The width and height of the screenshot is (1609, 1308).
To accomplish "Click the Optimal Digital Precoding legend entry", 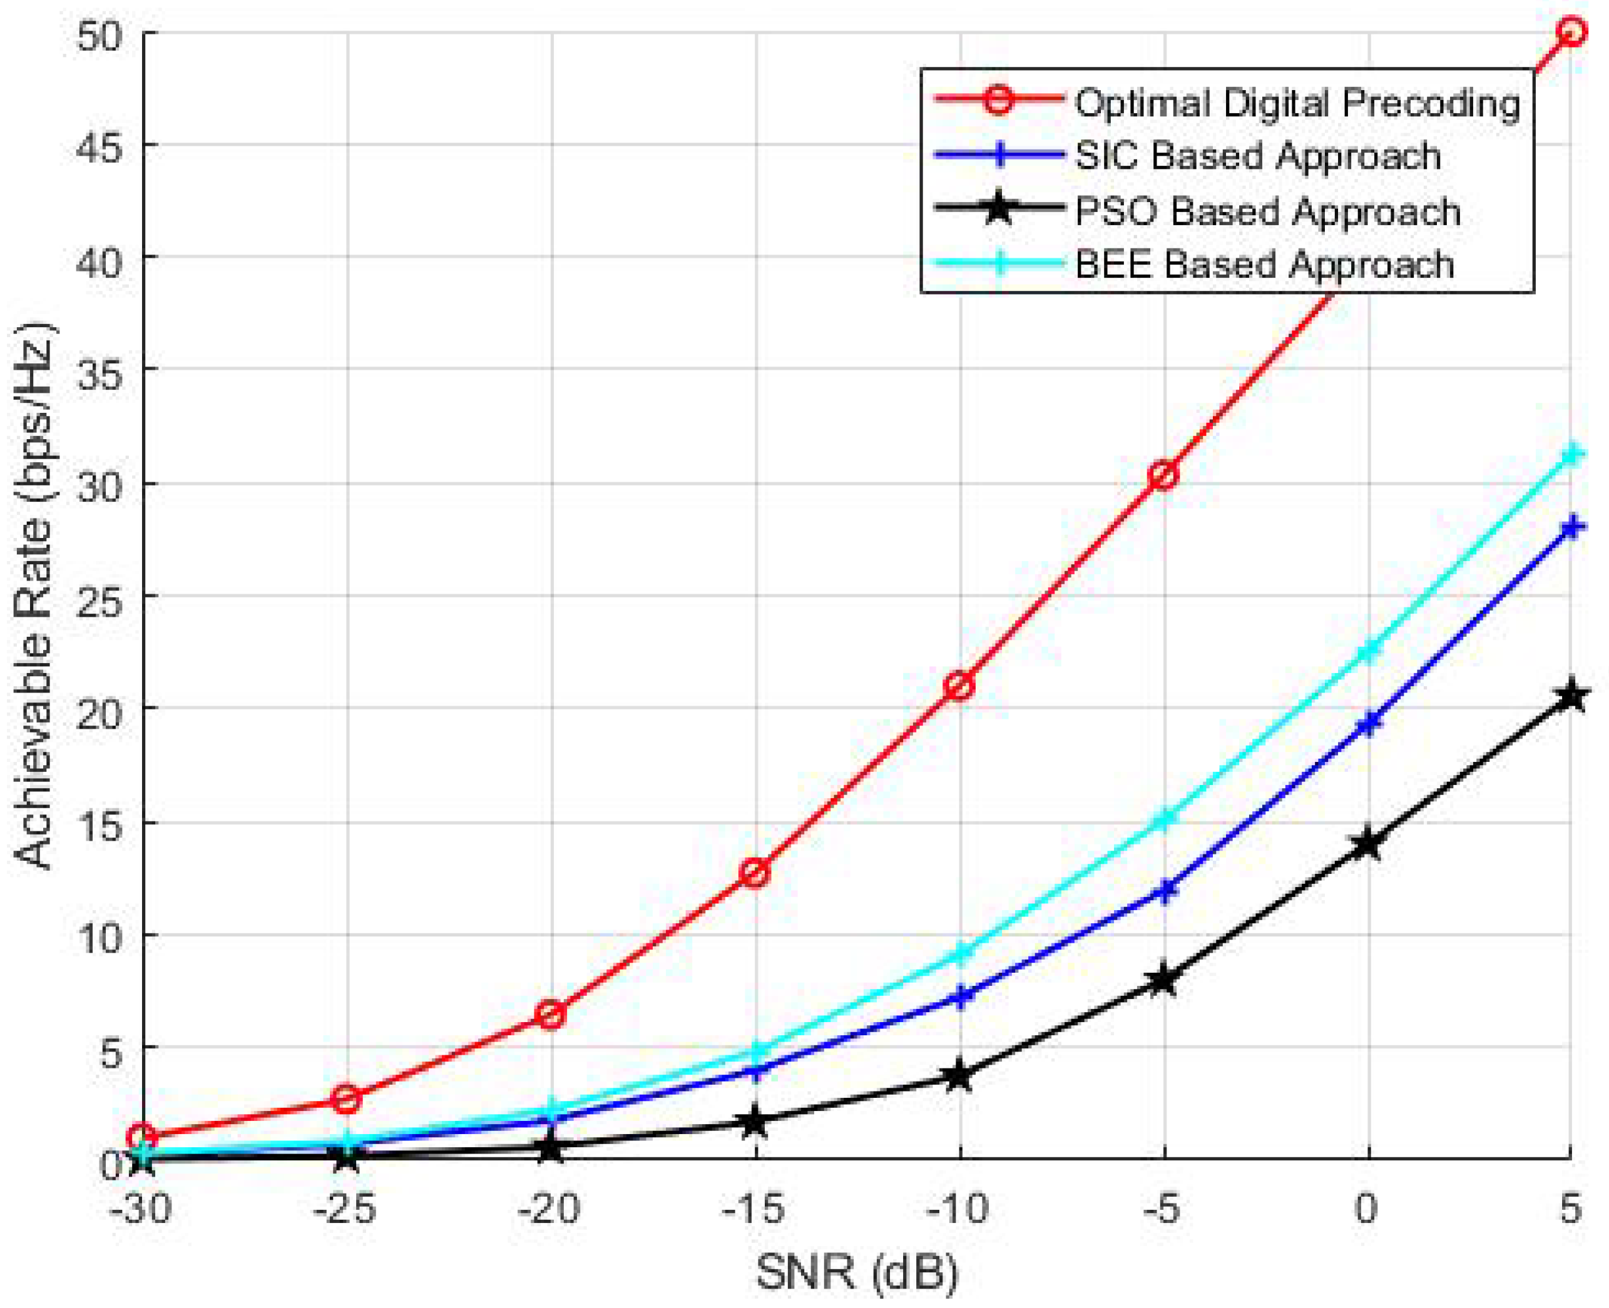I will point(1296,103).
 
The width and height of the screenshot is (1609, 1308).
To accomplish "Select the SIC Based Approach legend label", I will point(1257,156).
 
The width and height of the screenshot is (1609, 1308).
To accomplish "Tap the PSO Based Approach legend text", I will point(1267,211).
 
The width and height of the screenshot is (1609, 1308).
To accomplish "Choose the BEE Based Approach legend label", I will point(1264,265).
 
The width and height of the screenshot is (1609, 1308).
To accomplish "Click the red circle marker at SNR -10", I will point(959,686).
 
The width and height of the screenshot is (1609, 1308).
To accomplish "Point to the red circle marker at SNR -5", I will point(1163,475).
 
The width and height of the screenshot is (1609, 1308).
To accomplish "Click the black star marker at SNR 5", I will point(1571,696).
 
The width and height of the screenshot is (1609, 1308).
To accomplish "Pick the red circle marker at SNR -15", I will point(755,873).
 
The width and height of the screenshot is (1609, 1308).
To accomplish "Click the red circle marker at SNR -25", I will point(347,1099).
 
